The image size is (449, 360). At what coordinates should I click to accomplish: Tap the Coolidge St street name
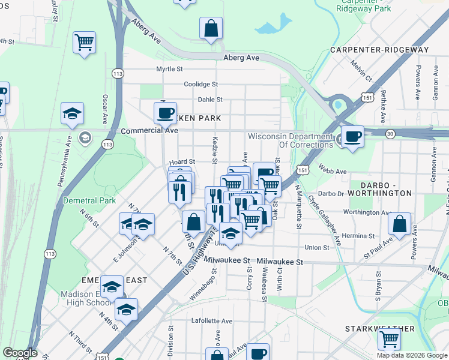coord(200,85)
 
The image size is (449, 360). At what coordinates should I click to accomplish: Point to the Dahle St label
coord(210,100)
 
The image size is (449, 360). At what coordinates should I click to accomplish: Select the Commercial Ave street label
coord(149,130)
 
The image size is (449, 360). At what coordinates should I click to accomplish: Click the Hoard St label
coord(182,162)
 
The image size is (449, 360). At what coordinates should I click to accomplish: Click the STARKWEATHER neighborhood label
coord(380,329)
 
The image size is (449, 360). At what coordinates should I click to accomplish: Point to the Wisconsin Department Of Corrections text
coord(290,140)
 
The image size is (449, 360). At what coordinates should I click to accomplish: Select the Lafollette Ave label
coord(211,321)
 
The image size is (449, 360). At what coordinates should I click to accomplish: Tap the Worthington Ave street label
coord(367,212)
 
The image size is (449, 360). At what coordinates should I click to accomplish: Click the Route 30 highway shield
coord(390,134)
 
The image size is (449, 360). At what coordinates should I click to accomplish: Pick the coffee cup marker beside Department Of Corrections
coord(352,136)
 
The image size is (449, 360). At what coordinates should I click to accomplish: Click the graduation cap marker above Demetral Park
coord(72,113)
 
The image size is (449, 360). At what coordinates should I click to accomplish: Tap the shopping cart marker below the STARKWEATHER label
coord(390,340)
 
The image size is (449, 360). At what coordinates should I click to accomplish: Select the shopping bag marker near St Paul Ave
coord(399,225)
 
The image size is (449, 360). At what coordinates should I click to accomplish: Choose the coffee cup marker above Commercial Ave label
coord(165,113)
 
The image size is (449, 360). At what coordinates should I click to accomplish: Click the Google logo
coord(19,353)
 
